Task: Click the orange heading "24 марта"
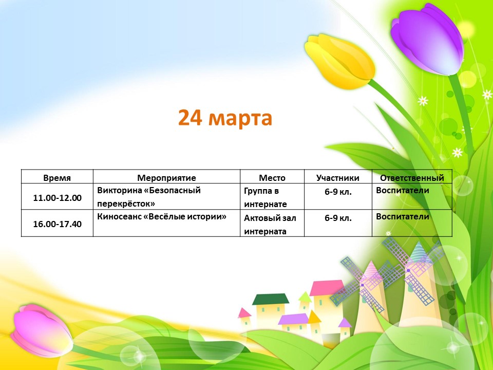[225, 118]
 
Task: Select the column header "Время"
[57, 178]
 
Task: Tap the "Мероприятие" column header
[166, 178]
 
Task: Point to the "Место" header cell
[272, 178]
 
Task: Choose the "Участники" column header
[338, 178]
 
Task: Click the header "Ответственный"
[412, 178]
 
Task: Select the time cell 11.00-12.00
[57, 198]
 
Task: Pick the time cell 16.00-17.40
[57, 224]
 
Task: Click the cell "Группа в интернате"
[266, 197]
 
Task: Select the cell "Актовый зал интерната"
[270, 225]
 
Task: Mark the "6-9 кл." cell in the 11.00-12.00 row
[338, 192]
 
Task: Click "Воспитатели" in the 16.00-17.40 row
[403, 217]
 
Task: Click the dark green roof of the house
[271, 299]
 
